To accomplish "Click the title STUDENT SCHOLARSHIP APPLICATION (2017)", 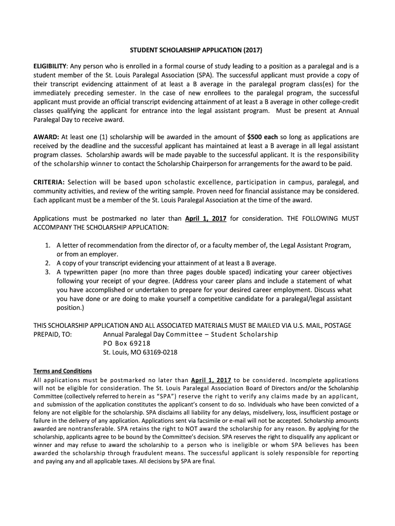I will pos(197,51).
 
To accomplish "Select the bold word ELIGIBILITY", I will pos(50,66).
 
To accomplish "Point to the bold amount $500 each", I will pos(262,137).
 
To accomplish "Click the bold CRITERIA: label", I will pos(49,182).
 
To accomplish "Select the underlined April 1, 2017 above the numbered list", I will pos(206,218).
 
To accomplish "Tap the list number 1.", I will pos(47,246).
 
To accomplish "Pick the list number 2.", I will pos(47,263).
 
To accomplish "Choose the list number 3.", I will pos(47,272).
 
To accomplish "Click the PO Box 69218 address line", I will pos(127,343).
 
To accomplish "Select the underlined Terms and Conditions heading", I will pos(63,371).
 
